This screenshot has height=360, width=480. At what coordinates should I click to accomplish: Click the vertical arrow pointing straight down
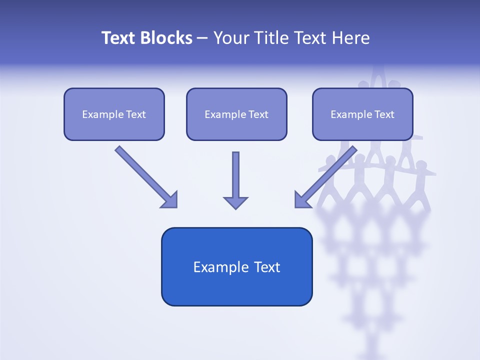pyautogui.click(x=235, y=177)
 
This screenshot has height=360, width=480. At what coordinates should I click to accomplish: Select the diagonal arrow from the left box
pyautogui.click(x=145, y=175)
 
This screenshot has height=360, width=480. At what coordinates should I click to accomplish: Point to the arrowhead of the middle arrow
pyautogui.click(x=235, y=202)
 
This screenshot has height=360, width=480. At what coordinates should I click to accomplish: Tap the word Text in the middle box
pyautogui.click(x=258, y=114)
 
